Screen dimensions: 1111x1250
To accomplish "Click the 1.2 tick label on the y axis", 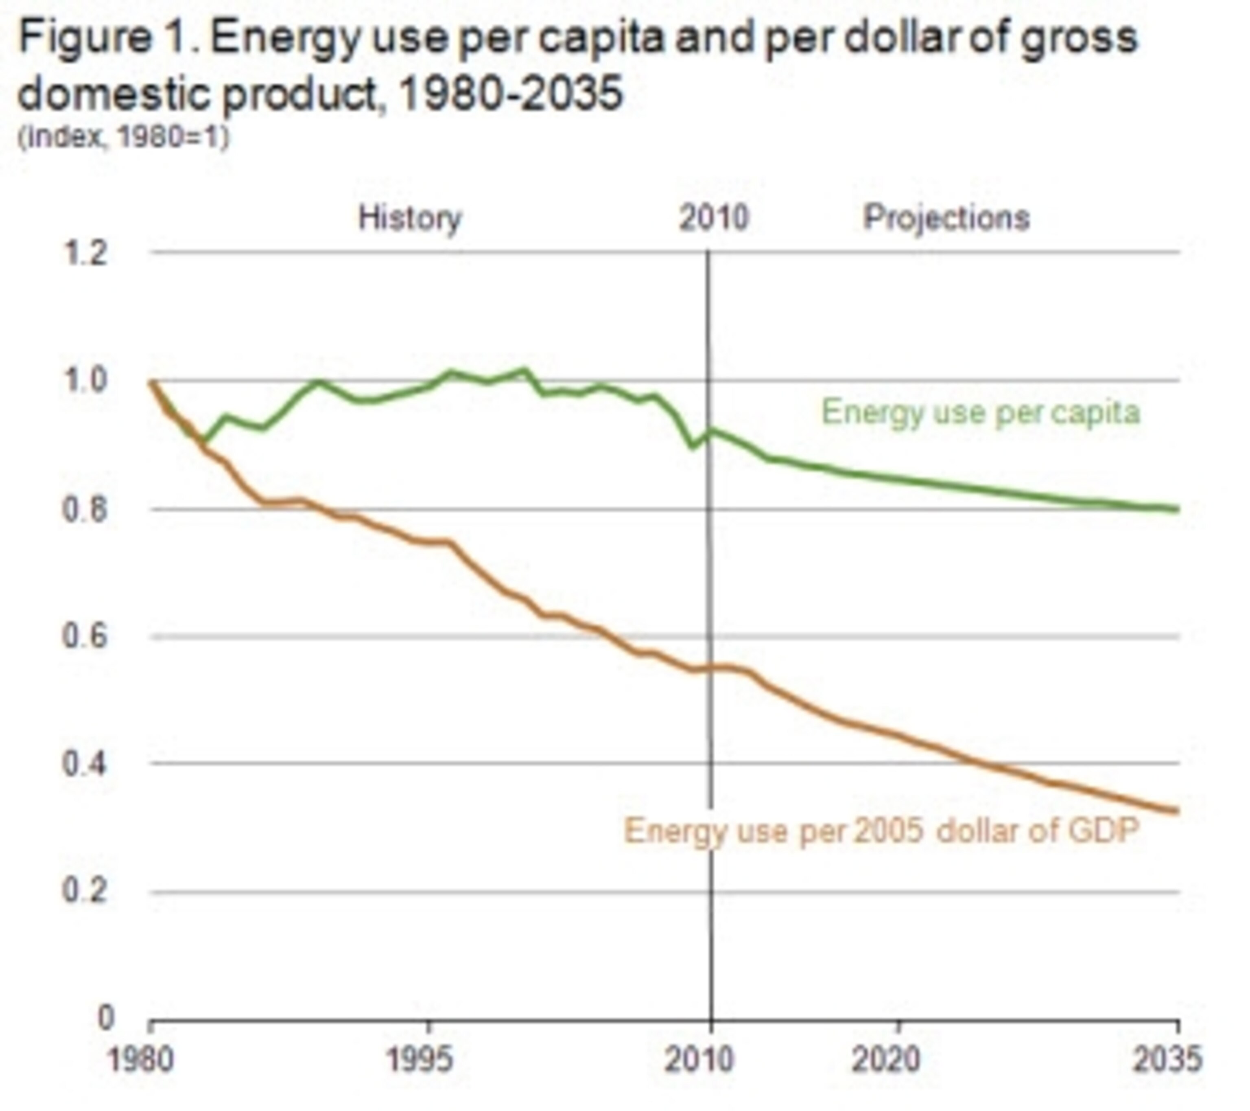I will coord(85,253).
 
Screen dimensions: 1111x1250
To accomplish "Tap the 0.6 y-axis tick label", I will coord(85,636).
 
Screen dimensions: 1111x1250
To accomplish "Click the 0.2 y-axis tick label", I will coord(85,892).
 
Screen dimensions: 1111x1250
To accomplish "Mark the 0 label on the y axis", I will coord(106,1018).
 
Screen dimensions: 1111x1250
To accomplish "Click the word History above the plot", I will coord(410,218).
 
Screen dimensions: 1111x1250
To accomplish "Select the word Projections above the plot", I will coord(946,218).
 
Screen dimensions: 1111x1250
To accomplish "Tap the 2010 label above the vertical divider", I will coord(714,218).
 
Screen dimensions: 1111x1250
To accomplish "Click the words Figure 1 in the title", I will coord(104,38).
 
